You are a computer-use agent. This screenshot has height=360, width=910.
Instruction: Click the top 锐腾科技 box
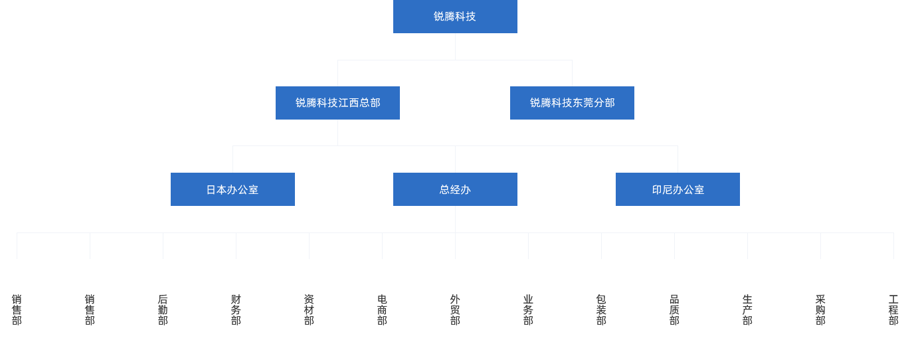pos(454,17)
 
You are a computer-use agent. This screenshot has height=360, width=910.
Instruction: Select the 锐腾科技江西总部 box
pos(337,102)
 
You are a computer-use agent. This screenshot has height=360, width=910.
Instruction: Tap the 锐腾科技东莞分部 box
pos(572,102)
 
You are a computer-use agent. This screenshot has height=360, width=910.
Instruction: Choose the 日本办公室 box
pos(232,189)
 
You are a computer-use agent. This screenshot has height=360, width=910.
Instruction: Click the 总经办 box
pos(454,189)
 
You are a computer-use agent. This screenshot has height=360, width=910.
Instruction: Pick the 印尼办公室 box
pos(678,189)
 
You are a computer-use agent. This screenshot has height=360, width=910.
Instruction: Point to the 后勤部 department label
pos(163,310)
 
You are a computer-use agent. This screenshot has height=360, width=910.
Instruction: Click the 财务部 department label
pos(236,310)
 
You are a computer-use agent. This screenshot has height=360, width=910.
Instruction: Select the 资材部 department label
pos(309,310)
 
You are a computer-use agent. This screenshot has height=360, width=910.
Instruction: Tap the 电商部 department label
pos(382,310)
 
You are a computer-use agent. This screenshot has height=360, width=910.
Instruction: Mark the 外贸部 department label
pos(455,310)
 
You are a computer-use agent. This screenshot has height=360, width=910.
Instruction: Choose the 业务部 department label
pos(528,310)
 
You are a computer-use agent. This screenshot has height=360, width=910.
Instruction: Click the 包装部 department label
pos(601,310)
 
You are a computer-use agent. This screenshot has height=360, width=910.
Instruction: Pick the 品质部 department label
pos(674,310)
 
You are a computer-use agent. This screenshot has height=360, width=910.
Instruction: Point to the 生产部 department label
pos(747,310)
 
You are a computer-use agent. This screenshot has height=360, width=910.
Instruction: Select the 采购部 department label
pos(820,310)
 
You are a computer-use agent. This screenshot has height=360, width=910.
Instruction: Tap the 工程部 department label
pos(893,310)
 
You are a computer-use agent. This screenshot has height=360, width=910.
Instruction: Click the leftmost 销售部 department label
pos(17,310)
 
